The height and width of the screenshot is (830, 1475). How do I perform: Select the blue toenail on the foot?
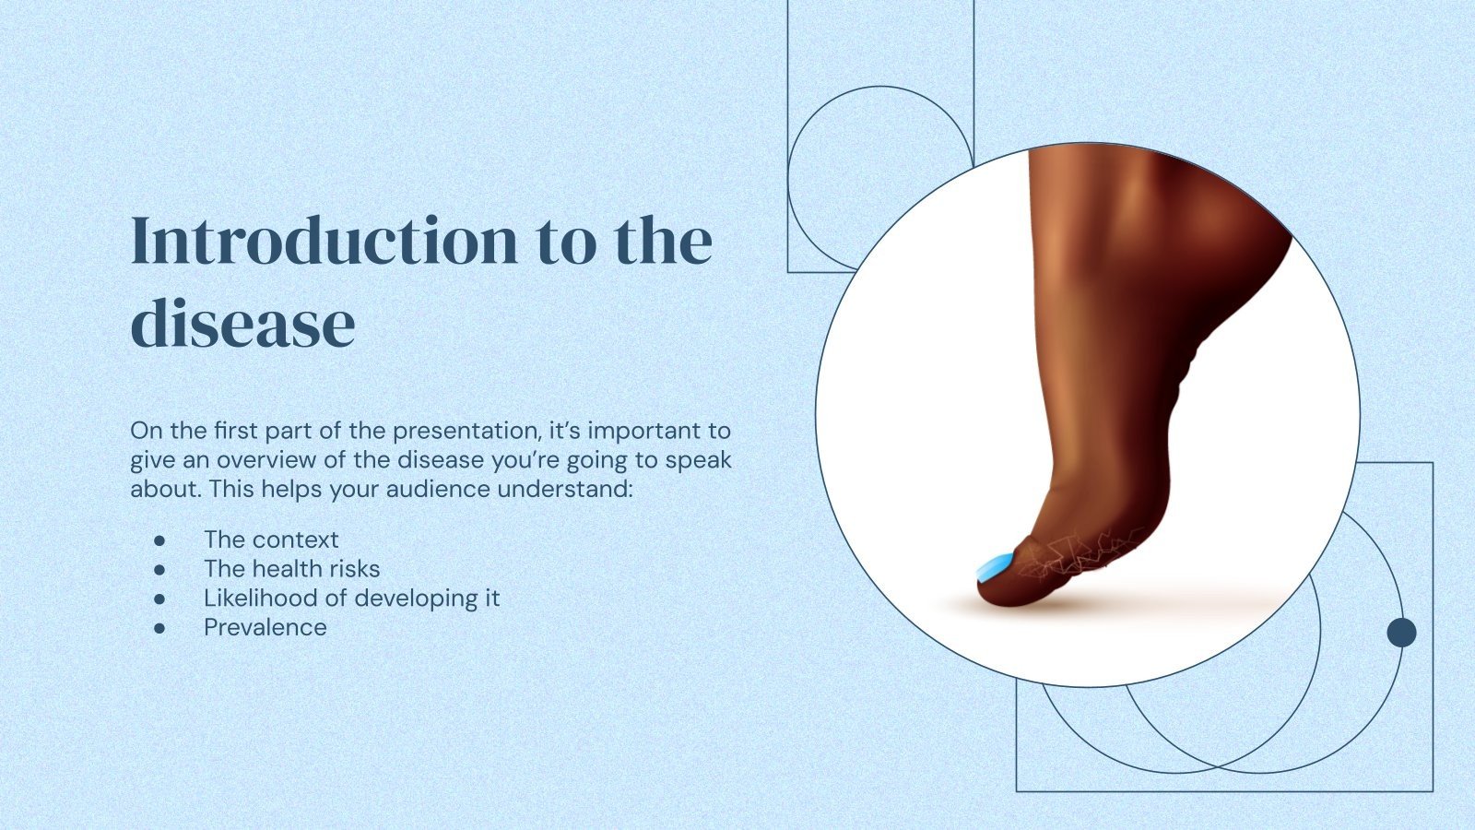[995, 565]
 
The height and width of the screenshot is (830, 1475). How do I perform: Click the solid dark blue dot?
[1401, 633]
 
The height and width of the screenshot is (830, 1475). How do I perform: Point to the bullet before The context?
[159, 539]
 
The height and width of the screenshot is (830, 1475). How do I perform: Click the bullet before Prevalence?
[159, 628]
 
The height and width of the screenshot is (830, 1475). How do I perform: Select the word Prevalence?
[265, 627]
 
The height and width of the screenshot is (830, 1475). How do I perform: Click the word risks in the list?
[354, 569]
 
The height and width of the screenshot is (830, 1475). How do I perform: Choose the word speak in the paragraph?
[701, 459]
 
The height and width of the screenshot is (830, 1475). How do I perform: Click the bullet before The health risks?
[159, 569]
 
